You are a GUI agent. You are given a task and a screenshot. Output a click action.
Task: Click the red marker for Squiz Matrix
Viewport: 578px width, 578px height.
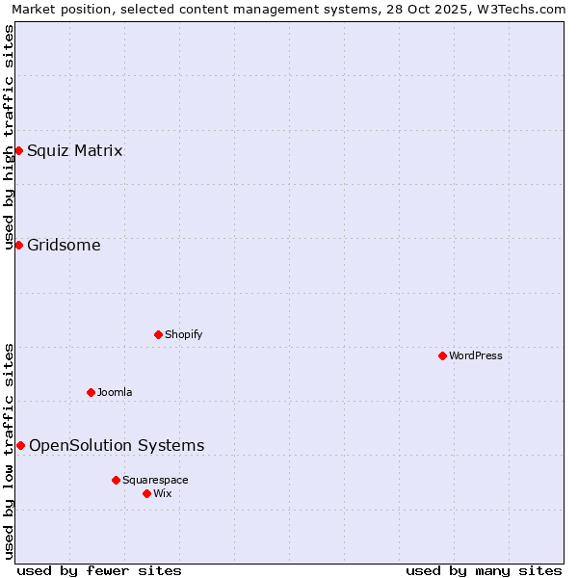pos(18,150)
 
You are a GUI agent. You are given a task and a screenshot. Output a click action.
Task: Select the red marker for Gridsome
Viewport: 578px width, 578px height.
pos(18,245)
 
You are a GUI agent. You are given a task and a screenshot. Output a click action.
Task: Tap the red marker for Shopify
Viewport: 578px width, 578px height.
pos(158,334)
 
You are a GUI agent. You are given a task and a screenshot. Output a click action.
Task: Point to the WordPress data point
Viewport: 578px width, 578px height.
pos(442,355)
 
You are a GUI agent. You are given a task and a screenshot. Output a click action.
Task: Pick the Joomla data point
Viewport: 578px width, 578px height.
pos(91,392)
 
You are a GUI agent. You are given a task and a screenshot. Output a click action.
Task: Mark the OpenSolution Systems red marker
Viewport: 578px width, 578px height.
pos(20,445)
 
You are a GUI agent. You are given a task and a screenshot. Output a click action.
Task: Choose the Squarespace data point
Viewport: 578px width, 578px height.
pos(116,480)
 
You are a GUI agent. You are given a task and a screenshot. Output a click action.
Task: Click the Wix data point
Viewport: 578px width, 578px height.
pos(146,493)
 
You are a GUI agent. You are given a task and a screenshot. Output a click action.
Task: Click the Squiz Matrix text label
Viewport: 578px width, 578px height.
pos(74,150)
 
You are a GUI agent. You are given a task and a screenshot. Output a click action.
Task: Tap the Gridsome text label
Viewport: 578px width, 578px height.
pos(64,245)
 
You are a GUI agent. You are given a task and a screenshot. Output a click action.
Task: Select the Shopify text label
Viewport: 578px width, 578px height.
pos(183,334)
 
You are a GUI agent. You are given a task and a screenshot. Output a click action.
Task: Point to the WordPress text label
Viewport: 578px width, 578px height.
pos(476,355)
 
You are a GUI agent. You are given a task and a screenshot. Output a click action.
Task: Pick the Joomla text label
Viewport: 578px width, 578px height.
pos(115,392)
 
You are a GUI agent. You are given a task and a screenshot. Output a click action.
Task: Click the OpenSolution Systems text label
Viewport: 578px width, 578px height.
pos(117,445)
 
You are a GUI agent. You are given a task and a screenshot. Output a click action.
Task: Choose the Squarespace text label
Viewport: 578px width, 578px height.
pos(155,480)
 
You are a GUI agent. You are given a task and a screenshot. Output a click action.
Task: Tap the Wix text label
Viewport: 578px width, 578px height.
pos(163,493)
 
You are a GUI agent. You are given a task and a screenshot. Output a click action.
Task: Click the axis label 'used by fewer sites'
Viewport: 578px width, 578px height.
pos(99,570)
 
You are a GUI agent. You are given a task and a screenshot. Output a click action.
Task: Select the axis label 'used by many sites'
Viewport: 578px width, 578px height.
pos(484,570)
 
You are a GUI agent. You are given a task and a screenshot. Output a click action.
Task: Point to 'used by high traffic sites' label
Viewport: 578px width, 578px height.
pos(9,137)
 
